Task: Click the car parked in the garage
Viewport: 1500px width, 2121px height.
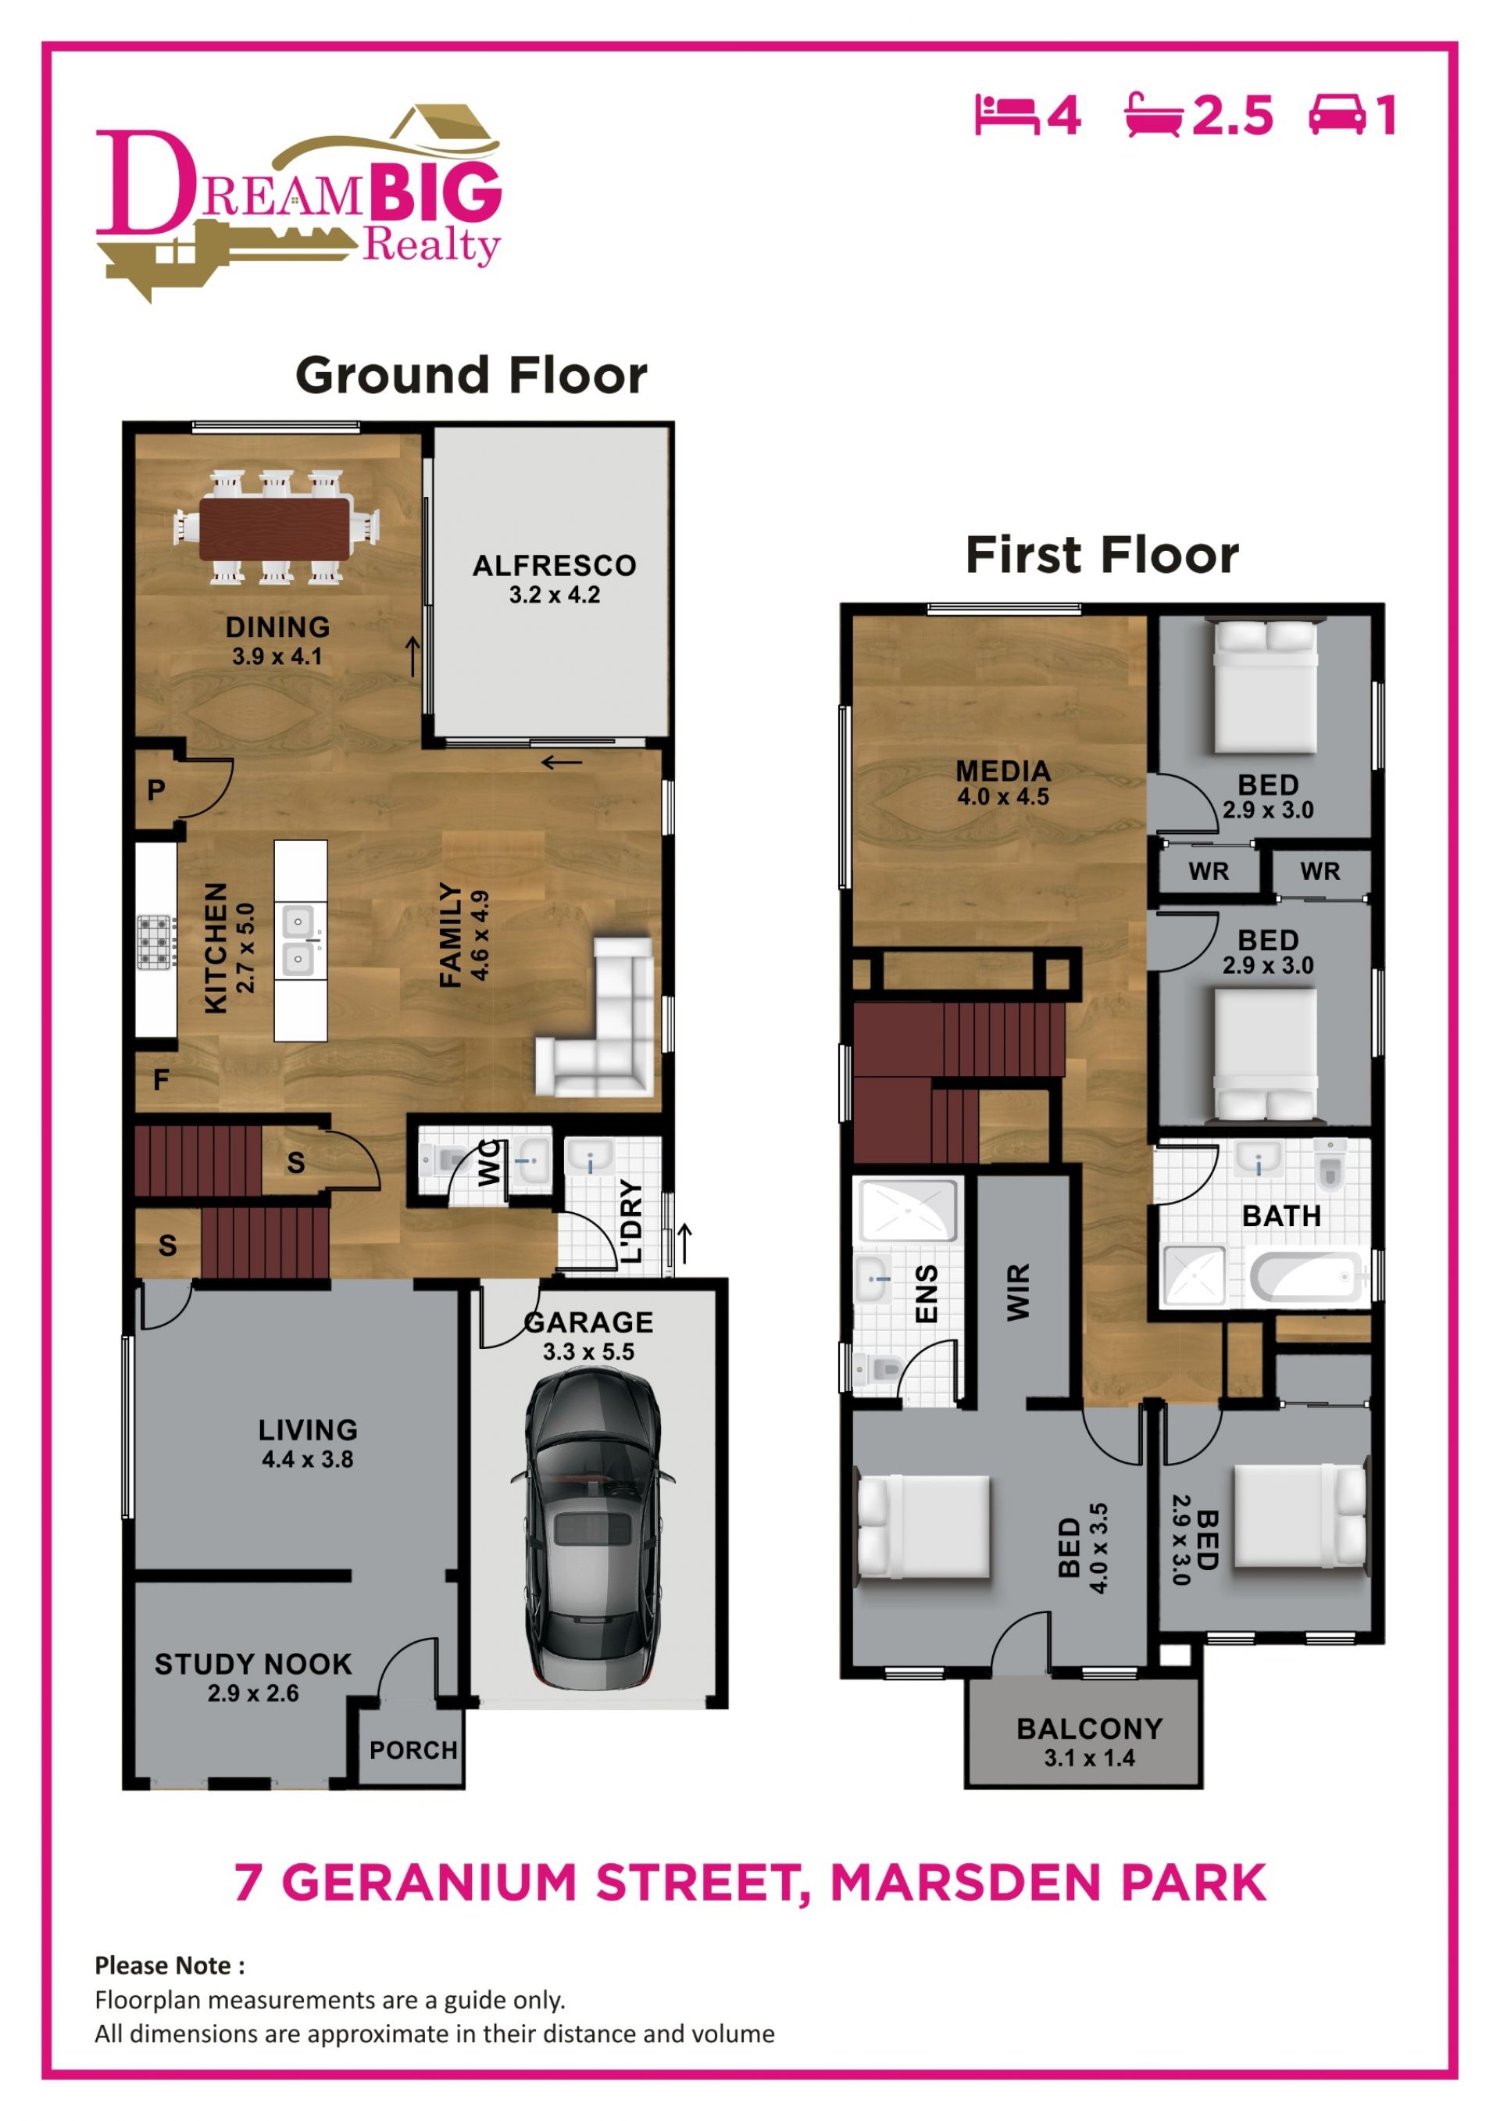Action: [x=592, y=1529]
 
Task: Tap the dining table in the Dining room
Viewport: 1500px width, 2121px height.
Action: [x=276, y=528]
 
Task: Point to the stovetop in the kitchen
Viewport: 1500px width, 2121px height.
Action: [x=156, y=942]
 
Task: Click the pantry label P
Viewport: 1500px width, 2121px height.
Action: [x=156, y=791]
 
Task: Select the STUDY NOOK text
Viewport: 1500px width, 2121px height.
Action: [x=253, y=1664]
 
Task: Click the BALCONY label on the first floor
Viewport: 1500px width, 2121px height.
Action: [x=1089, y=1729]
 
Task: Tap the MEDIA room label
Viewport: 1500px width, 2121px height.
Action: [x=1003, y=771]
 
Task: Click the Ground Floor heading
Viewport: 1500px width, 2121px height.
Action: [x=471, y=375]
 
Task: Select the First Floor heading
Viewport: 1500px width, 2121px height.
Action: [x=1102, y=555]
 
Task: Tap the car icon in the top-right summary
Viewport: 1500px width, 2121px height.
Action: [x=1337, y=115]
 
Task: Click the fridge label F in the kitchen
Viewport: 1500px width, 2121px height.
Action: [x=161, y=1079]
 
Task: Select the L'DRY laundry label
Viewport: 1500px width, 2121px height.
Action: [x=630, y=1222]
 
